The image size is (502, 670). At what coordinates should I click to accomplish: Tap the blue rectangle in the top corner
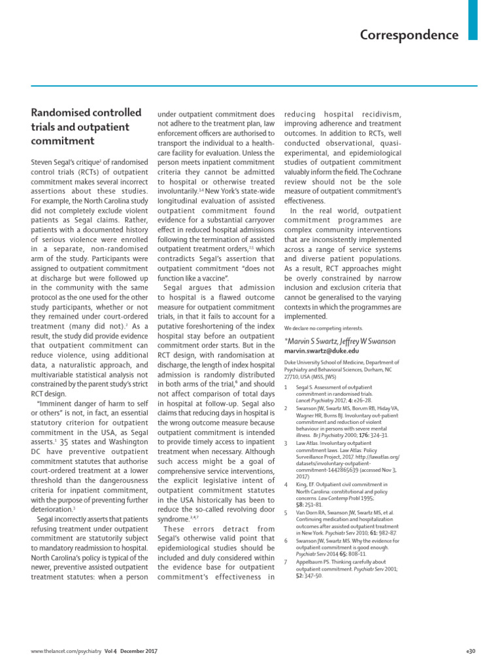pyautogui.click(x=473, y=19)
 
